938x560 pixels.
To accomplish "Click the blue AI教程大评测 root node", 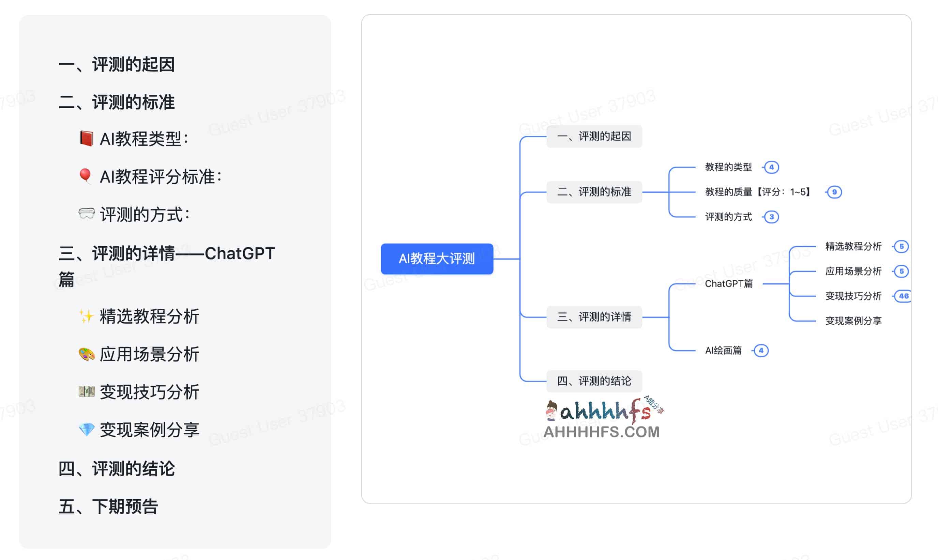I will click(x=437, y=259).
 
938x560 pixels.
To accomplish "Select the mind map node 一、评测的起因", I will click(x=594, y=136).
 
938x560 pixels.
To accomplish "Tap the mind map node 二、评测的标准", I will click(x=594, y=192).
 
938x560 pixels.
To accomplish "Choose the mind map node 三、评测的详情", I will click(x=594, y=317).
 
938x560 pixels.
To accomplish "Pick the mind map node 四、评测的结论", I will click(x=594, y=381).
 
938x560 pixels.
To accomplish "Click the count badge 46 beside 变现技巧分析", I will click(x=903, y=296).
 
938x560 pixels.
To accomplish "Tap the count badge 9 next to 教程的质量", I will click(x=834, y=192).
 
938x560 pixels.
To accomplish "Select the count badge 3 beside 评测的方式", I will click(x=771, y=217).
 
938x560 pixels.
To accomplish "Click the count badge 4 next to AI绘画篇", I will click(x=761, y=351).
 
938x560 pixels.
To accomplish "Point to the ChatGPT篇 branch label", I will click(x=728, y=284).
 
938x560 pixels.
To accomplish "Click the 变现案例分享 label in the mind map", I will click(x=853, y=321).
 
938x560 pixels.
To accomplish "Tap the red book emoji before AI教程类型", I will click(x=87, y=139).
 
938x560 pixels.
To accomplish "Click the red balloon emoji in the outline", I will click(x=85, y=176).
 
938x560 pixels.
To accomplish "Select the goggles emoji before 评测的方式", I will click(x=87, y=214).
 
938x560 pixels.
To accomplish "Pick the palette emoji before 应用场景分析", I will click(x=87, y=354).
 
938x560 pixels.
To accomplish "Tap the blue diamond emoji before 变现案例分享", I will click(x=87, y=430).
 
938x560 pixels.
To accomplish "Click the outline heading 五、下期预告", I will click(x=108, y=507).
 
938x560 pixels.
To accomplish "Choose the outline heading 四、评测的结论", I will click(x=117, y=469).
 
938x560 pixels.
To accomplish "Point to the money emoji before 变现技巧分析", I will click(x=87, y=392).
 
